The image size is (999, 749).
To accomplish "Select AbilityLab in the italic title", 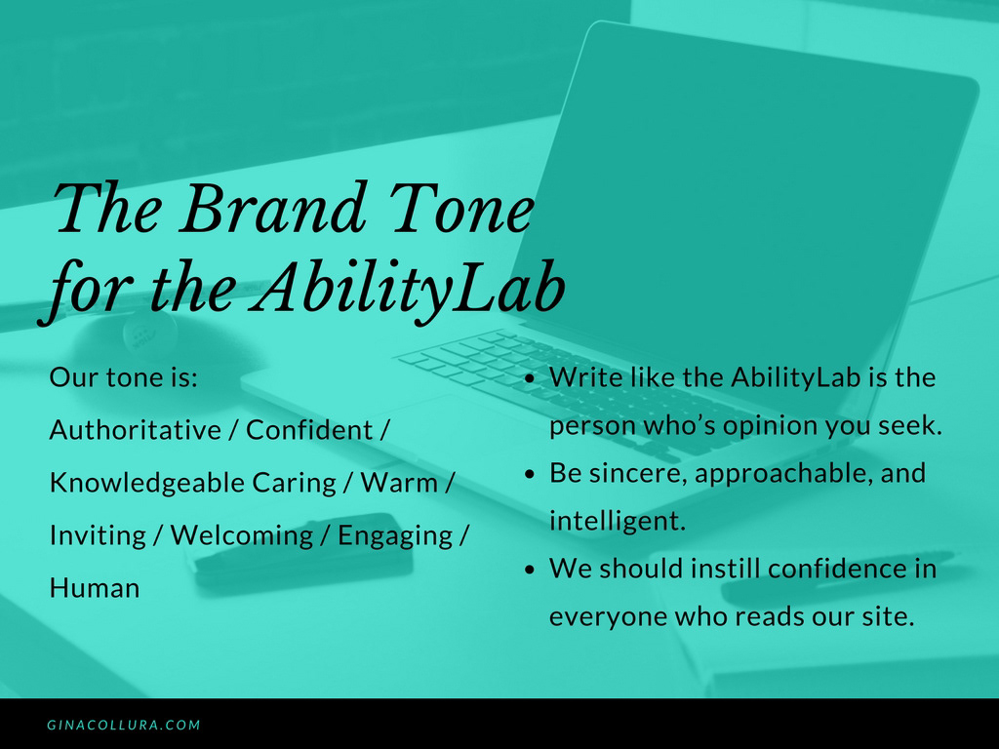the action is tap(409, 288).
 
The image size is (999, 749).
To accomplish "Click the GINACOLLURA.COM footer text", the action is tap(124, 725).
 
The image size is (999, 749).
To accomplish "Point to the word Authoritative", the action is tap(135, 430).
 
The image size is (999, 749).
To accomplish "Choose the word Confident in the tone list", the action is tap(309, 430).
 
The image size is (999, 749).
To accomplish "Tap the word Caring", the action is tap(294, 484).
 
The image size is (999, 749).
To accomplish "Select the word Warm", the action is tap(399, 483).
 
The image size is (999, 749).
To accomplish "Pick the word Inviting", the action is tap(99, 536).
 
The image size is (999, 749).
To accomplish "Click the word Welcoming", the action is tap(242, 536).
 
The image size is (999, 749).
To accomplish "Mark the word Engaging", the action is tap(395, 536).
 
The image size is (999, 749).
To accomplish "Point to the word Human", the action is tap(95, 588).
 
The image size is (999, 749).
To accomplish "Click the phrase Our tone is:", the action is tap(124, 377).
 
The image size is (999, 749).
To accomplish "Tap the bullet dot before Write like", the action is tap(530, 378).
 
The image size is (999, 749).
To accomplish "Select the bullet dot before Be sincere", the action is tap(530, 475).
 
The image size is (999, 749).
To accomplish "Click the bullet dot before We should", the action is tap(530, 570).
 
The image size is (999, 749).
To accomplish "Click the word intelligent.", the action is tap(618, 521).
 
